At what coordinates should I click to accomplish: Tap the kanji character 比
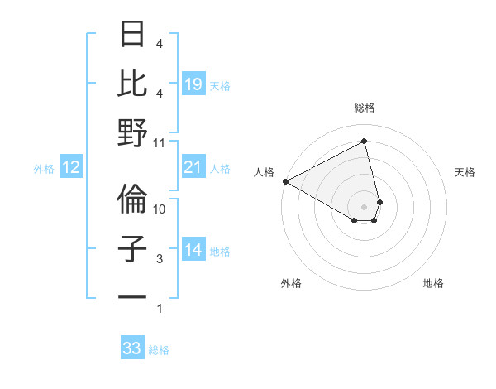tap(133, 83)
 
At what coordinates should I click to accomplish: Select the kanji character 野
tap(133, 132)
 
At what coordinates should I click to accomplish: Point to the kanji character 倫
tap(133, 199)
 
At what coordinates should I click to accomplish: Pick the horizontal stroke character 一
tap(133, 297)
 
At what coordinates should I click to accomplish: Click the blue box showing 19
tap(193, 84)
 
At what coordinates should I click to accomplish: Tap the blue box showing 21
tap(193, 168)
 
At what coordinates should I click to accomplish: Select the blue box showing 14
tap(193, 251)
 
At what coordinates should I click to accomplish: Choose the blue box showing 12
tap(71, 168)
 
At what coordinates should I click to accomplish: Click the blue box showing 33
tap(132, 348)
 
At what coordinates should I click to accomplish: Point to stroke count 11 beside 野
tap(160, 143)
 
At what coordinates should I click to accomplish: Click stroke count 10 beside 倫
tap(160, 209)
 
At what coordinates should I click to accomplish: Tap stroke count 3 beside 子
tap(160, 259)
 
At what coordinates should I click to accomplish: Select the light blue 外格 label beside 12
tap(44, 169)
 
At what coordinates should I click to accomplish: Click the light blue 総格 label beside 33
tap(159, 350)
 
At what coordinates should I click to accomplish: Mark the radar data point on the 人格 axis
tap(285, 180)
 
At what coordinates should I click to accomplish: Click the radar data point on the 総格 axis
tap(364, 142)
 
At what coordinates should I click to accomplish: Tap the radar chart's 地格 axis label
tap(433, 283)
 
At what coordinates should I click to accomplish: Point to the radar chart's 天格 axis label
tap(465, 172)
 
